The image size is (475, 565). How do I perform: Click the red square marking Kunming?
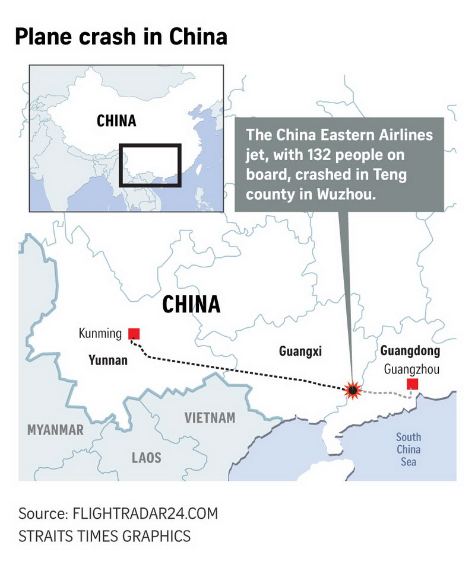[x=135, y=333]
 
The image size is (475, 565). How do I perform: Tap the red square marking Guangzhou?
[x=412, y=384]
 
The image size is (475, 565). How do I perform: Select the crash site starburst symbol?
[x=353, y=390]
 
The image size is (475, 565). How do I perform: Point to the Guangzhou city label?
[x=411, y=369]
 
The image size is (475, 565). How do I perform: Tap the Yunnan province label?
[x=108, y=359]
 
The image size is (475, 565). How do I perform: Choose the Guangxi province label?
[x=300, y=351]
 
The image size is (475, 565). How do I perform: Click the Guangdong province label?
[x=410, y=351]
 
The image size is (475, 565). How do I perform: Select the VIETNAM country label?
[x=210, y=417]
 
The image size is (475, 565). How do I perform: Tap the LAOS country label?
[x=146, y=458]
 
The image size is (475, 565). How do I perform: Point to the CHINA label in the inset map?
[x=116, y=121]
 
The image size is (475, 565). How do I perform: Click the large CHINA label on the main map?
[x=191, y=305]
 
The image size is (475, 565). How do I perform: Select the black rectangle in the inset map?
[x=149, y=165]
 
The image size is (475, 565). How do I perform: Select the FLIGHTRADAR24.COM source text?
[x=145, y=513]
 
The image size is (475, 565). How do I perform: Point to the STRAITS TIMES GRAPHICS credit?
[x=104, y=536]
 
